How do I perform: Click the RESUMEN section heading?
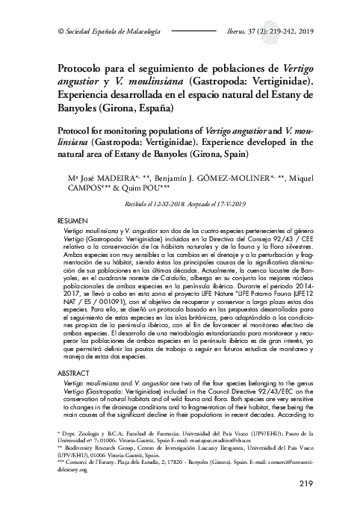coord(74,223)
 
